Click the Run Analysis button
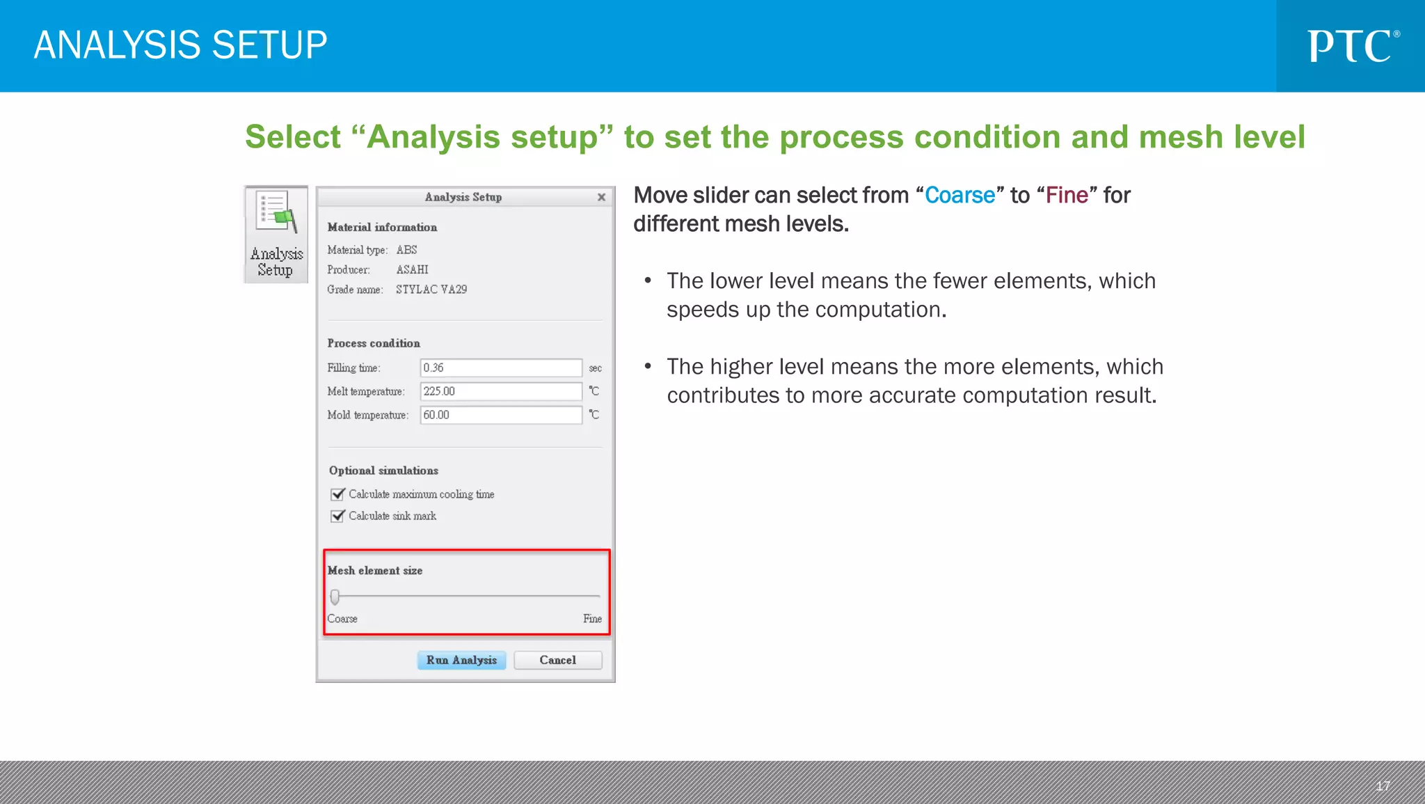461,660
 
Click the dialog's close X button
601,198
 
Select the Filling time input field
500,368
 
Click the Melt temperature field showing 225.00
500,391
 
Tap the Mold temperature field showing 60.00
500,415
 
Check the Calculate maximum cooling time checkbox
338,494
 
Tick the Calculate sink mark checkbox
338,516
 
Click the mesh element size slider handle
335,597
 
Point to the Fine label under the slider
592,619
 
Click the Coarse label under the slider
342,619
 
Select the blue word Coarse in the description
960,196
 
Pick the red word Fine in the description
1067,196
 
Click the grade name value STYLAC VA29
431,290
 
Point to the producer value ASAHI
412,270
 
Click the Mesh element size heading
375,571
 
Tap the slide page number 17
1383,786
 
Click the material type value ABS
406,250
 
